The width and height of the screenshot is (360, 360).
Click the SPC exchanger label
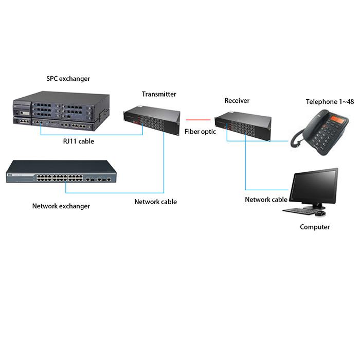tap(68, 79)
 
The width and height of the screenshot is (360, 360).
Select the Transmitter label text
tap(159, 94)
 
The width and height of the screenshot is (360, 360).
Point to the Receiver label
tap(237, 100)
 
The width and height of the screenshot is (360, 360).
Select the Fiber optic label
tap(200, 132)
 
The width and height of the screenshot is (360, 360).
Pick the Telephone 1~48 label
tap(330, 101)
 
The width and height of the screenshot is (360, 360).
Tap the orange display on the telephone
tap(337, 119)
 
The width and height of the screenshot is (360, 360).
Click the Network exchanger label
tap(61, 206)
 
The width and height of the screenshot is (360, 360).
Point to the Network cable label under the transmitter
tap(155, 202)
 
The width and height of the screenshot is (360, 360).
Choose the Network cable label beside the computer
tap(266, 200)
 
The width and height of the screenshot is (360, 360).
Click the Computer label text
tap(315, 227)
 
